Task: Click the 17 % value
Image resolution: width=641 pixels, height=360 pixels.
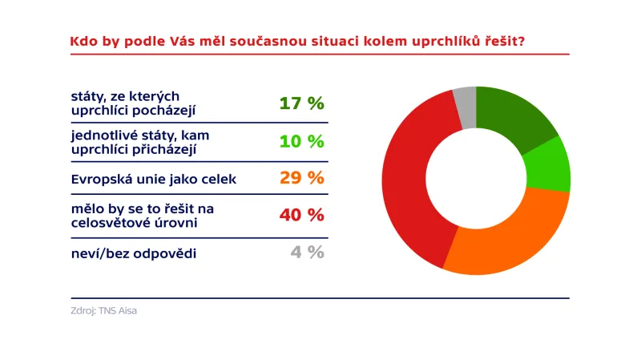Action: tap(301, 103)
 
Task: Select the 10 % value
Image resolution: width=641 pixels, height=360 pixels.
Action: tap(301, 142)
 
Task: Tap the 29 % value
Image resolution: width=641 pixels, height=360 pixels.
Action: tap(301, 178)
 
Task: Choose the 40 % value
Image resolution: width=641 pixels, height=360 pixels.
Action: tap(301, 215)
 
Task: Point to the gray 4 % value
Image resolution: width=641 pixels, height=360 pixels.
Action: tap(307, 252)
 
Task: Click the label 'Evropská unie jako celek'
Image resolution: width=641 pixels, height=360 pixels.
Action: tap(154, 179)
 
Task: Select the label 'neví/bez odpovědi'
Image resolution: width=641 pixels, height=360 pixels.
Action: tap(134, 253)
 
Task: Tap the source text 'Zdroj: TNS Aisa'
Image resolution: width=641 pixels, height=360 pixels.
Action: tap(103, 310)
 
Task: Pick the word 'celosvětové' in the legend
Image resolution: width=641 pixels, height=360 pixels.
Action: tap(109, 223)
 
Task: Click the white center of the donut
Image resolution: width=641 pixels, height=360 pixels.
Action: tap(476, 180)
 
